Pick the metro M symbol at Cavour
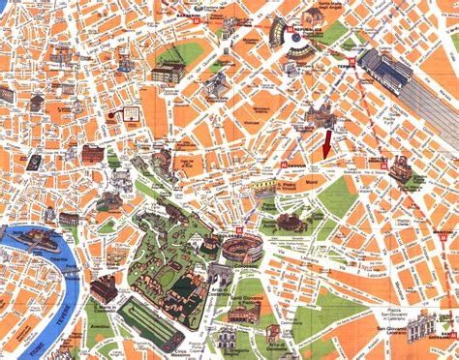coord(283,165)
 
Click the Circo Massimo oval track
coord(150,320)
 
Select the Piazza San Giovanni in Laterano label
coord(397,317)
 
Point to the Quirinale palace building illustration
coord(168,74)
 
